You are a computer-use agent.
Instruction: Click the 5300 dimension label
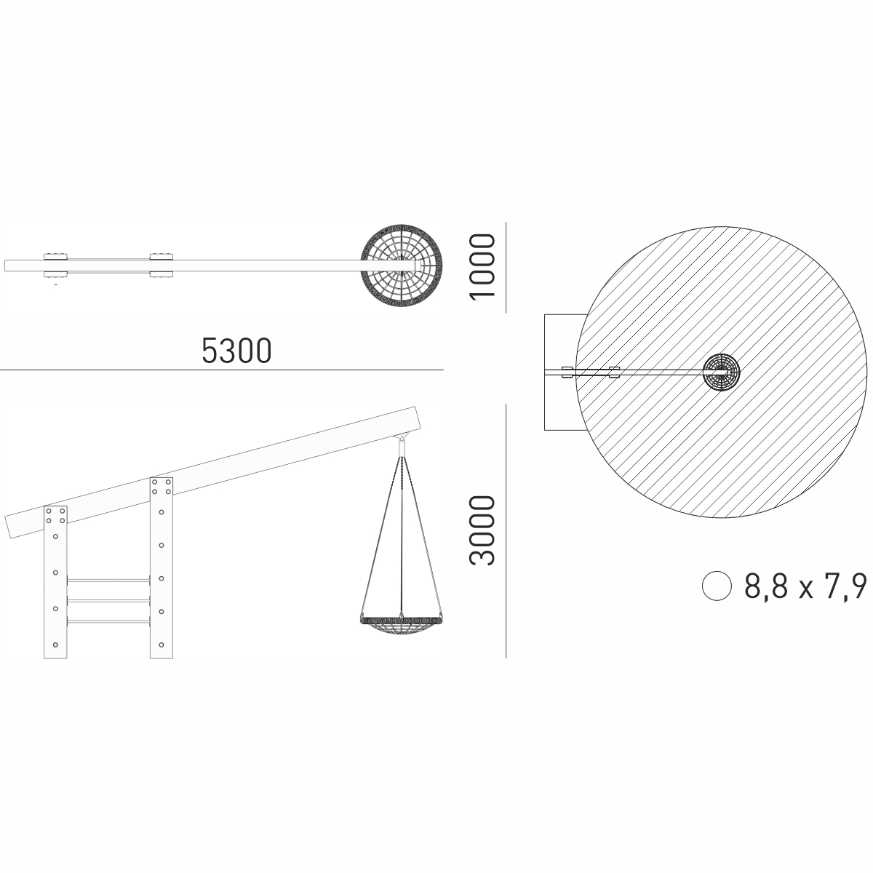(x=236, y=350)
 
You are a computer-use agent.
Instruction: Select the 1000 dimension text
(x=482, y=266)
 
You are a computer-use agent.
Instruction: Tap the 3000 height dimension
(x=482, y=530)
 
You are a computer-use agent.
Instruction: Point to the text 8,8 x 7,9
(x=805, y=586)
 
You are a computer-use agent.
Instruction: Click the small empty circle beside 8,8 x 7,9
(x=717, y=586)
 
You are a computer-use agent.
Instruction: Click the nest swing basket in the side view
(x=401, y=623)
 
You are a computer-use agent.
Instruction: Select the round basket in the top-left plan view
(x=402, y=265)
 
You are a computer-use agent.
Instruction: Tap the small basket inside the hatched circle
(x=721, y=372)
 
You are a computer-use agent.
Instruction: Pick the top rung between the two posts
(x=108, y=579)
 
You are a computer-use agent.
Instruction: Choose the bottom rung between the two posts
(x=108, y=621)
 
